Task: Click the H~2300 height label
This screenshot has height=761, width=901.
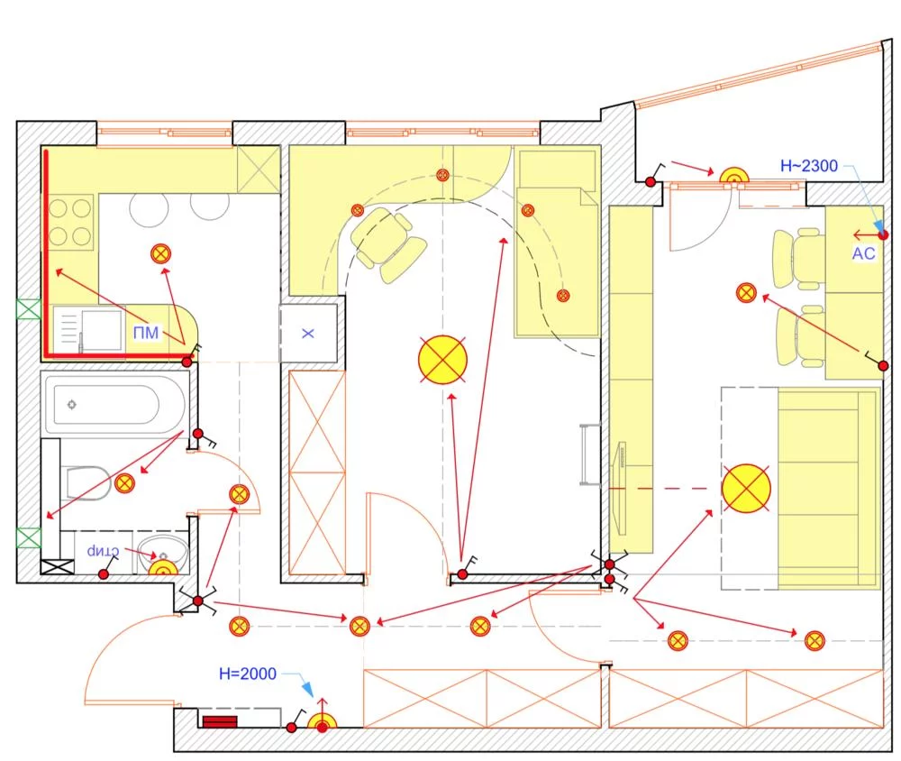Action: [808, 166]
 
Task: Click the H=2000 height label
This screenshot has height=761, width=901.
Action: [248, 674]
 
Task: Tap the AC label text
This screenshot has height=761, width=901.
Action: [863, 254]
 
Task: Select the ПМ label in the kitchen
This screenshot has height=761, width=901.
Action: [145, 334]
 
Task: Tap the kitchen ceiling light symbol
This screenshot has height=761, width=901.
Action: [161, 253]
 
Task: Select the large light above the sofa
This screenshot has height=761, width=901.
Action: [746, 488]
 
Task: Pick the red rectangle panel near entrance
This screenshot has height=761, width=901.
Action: [218, 722]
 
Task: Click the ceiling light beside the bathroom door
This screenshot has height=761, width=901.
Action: [240, 493]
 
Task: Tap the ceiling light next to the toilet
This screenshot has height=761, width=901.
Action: [124, 484]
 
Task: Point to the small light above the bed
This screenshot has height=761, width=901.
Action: [528, 210]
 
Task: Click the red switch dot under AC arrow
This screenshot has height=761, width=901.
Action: [883, 234]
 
